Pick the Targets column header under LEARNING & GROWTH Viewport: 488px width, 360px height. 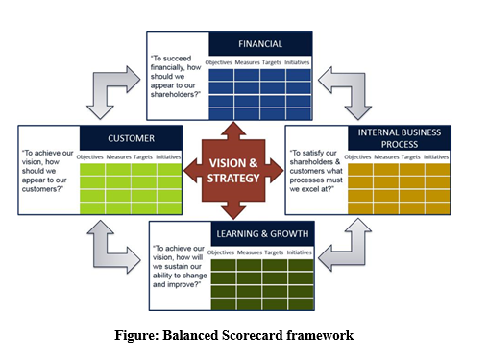pos(272,252)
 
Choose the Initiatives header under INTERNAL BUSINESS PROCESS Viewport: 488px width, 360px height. pos(435,156)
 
